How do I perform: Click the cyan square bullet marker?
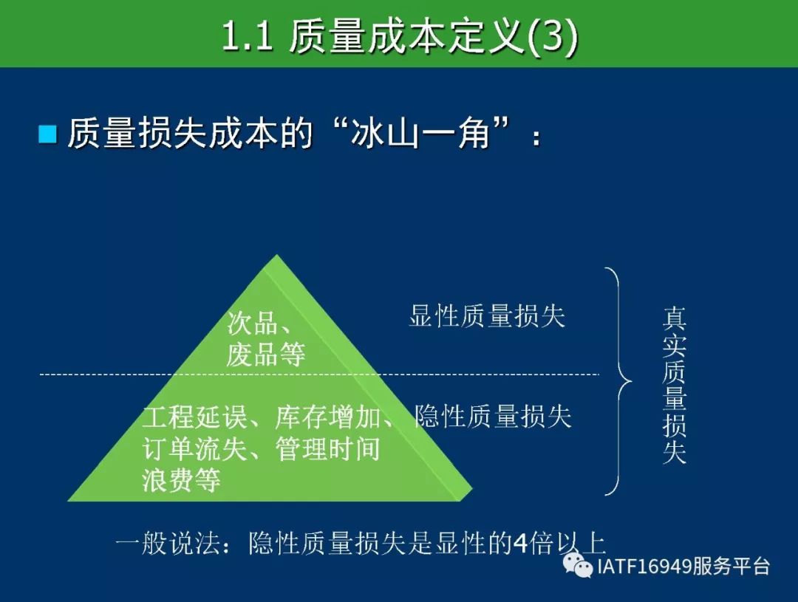click(48, 134)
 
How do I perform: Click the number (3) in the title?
click(552, 37)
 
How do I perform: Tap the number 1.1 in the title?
click(248, 37)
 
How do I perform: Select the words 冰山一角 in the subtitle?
click(420, 133)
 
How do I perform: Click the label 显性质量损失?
click(487, 315)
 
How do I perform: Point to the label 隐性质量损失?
click(493, 417)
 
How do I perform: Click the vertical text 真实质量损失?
click(675, 386)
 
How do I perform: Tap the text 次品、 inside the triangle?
click(259, 323)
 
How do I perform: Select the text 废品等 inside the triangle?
click(266, 354)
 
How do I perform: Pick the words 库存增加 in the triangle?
click(328, 417)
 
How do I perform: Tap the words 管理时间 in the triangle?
click(328, 449)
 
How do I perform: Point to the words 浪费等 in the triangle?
click(181, 480)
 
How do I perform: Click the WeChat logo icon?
click(578, 565)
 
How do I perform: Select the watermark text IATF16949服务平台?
click(683, 566)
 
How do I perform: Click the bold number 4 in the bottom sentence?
click(520, 544)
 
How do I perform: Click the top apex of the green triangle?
click(276, 255)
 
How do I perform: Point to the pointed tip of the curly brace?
click(631, 381)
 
